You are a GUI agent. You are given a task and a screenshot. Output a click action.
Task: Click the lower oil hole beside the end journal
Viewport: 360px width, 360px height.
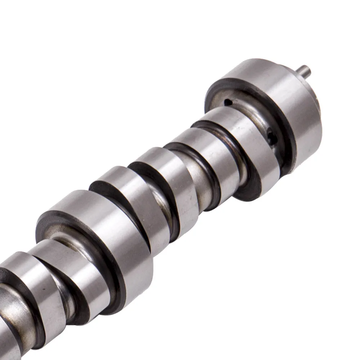tap(271, 136)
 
